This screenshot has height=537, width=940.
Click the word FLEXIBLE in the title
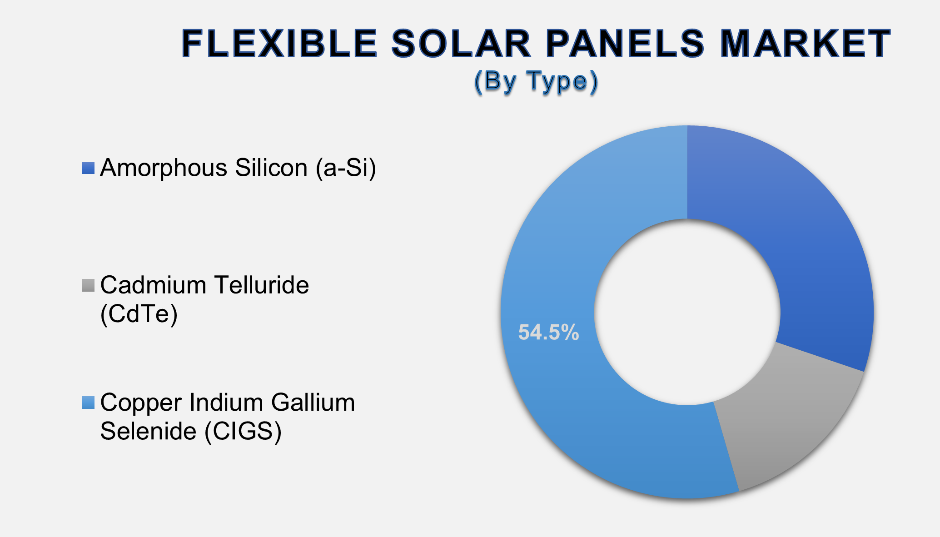pos(279,44)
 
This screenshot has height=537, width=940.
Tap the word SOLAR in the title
pos(461,44)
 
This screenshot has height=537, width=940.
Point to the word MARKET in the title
pos(806,44)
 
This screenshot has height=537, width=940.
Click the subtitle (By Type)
pos(536,82)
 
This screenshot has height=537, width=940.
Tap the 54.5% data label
pos(548,333)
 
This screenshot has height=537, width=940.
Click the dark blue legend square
pos(88,168)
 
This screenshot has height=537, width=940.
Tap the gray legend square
pos(88,285)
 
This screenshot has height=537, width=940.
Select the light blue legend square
pos(88,403)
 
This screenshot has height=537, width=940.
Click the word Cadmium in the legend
pos(154,285)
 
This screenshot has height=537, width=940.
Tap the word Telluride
pos(262,285)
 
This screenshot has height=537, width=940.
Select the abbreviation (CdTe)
pos(139,313)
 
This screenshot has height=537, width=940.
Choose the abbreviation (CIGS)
pos(243,431)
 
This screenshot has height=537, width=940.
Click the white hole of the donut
pos(687,312)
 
